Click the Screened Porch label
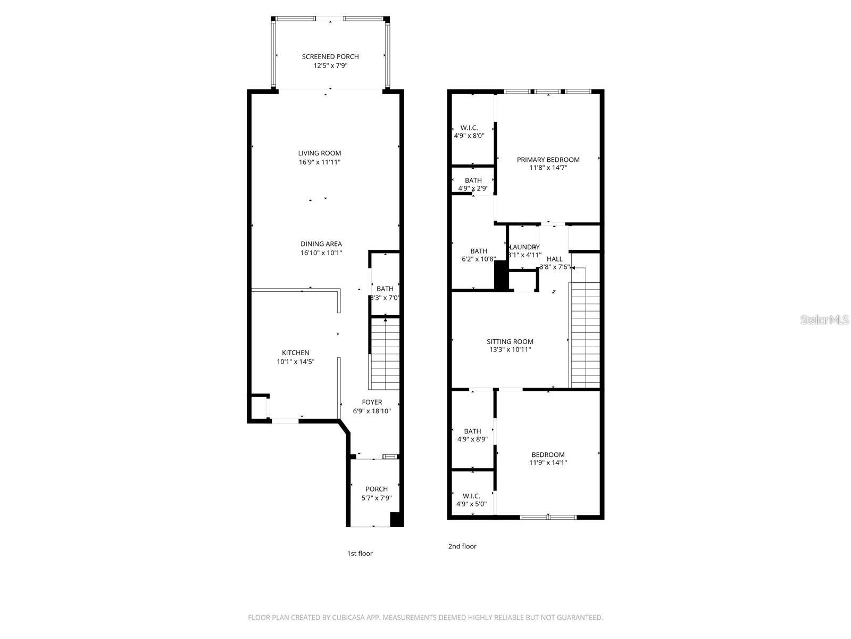tap(330, 56)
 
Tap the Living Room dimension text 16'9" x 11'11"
tap(319, 162)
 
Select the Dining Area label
tap(321, 244)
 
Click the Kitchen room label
tap(295, 353)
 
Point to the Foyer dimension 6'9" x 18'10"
tap(372, 411)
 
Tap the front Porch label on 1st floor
tap(376, 489)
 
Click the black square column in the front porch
tap(396, 520)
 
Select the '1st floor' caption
tap(360, 553)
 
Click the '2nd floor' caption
tap(462, 546)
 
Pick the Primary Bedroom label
tap(548, 159)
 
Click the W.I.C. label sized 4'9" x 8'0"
tap(469, 128)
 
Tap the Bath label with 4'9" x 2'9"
tap(473, 181)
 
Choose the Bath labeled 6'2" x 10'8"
tap(478, 251)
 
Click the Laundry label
tap(524, 247)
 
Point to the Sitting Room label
tap(510, 342)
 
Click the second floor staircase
tap(585, 335)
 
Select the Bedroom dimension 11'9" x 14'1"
tap(548, 463)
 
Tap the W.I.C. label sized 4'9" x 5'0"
tap(471, 496)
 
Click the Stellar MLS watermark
tap(824, 319)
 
